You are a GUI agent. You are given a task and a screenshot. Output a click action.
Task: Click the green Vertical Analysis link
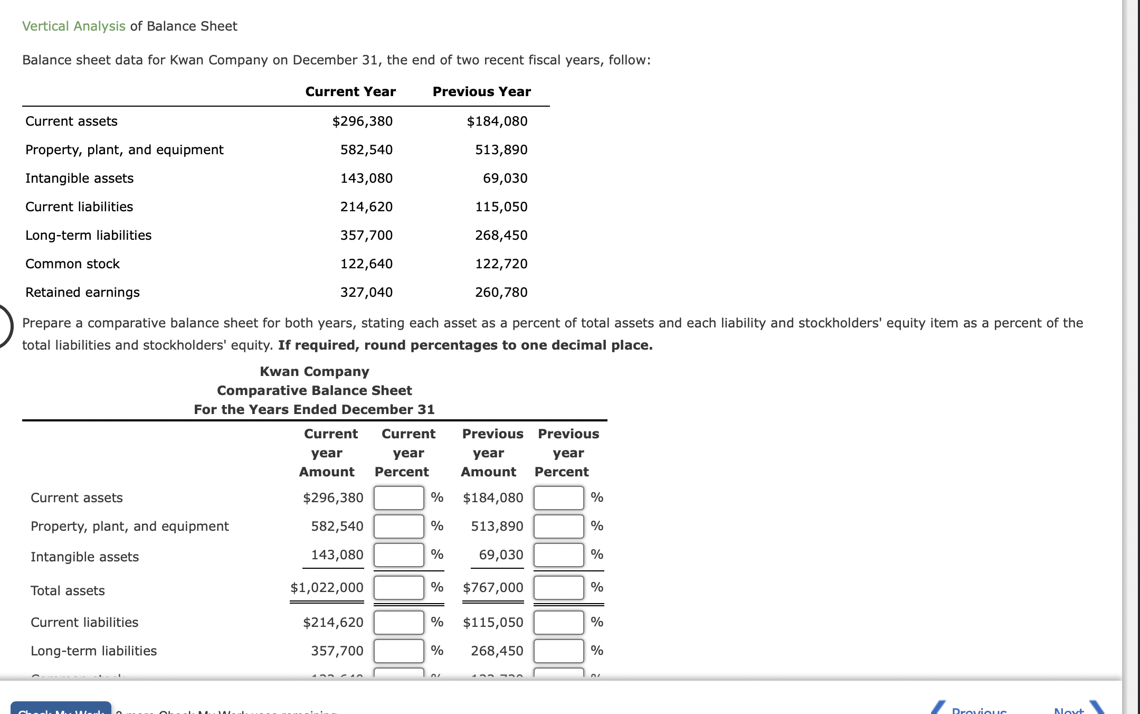[x=74, y=26]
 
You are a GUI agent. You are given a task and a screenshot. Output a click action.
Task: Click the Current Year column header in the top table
[x=350, y=92]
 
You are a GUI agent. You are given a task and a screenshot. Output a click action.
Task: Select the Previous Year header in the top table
[x=481, y=92]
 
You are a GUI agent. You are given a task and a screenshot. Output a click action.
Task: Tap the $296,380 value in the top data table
[x=363, y=121]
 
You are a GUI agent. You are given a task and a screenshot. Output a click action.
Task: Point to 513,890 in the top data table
[x=501, y=150]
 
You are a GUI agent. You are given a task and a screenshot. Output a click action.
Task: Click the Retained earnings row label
[x=82, y=293]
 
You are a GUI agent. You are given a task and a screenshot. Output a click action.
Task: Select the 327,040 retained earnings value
[x=366, y=293]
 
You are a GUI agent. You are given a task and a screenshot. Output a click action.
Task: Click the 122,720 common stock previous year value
[x=501, y=264]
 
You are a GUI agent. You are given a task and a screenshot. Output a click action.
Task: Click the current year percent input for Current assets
[x=398, y=498]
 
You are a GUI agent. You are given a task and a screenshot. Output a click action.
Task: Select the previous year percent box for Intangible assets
[x=558, y=555]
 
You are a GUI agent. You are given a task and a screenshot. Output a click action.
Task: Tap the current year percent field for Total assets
[x=398, y=588]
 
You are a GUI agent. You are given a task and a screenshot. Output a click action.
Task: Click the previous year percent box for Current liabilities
[x=558, y=623]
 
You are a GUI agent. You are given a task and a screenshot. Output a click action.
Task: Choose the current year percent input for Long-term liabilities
[x=398, y=651]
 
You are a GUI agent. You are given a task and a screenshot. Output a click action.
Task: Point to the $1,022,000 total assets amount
[x=327, y=588]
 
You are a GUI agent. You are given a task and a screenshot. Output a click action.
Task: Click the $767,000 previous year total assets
[x=493, y=588]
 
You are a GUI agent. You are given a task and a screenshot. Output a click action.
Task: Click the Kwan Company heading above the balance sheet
[x=315, y=372]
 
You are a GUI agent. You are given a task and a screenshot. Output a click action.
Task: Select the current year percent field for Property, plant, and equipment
[x=398, y=527]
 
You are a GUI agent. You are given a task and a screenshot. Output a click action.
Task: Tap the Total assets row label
[x=68, y=591]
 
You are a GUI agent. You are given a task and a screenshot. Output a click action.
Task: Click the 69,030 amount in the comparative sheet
[x=501, y=555]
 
